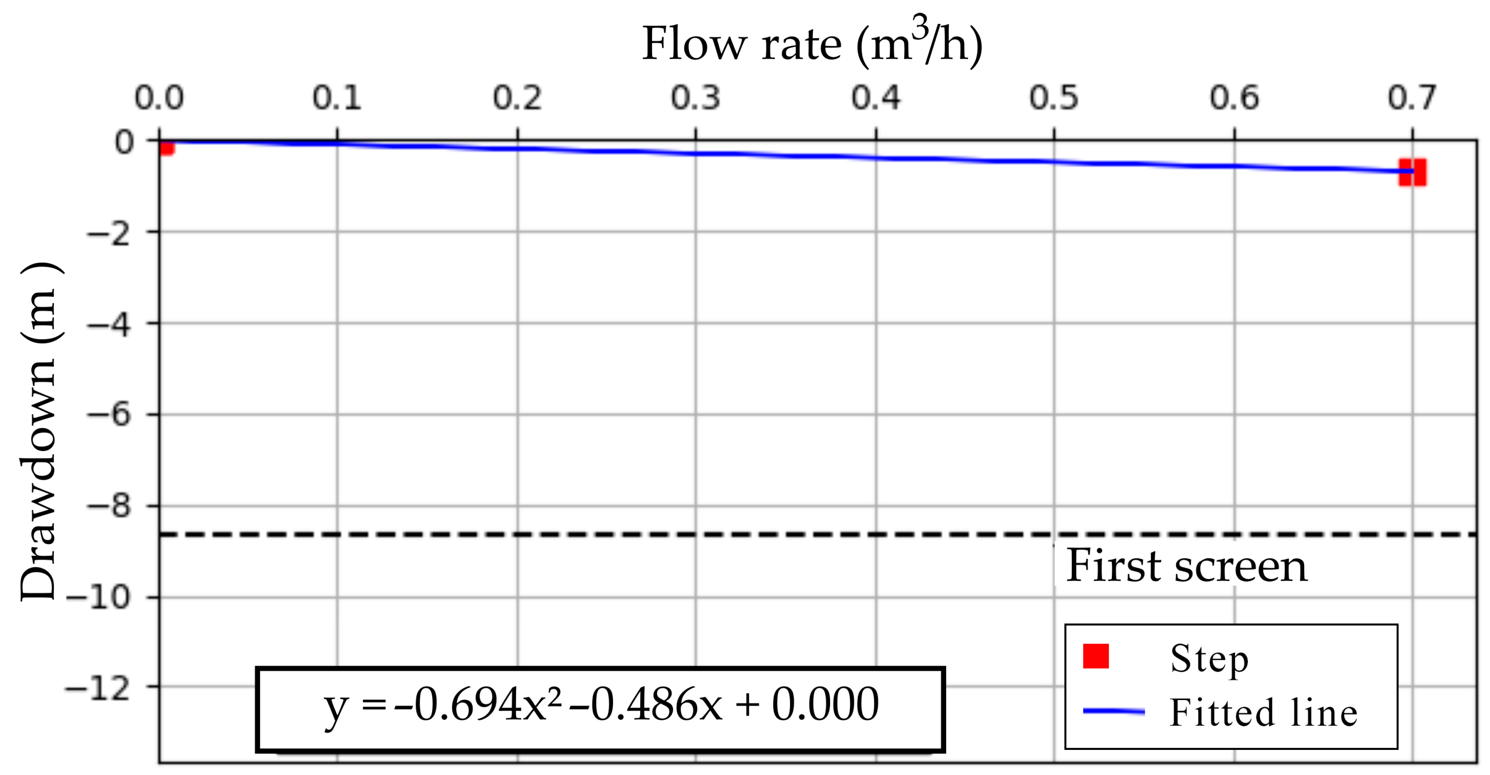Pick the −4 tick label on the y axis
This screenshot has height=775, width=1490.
coord(110,324)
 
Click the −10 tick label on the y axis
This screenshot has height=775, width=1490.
coord(100,598)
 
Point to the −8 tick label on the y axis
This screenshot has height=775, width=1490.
coord(110,507)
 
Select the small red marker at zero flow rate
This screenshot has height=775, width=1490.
coord(166,148)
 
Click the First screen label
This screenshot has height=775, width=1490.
coord(1186,566)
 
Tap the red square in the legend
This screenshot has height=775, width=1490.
coord(1095,656)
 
